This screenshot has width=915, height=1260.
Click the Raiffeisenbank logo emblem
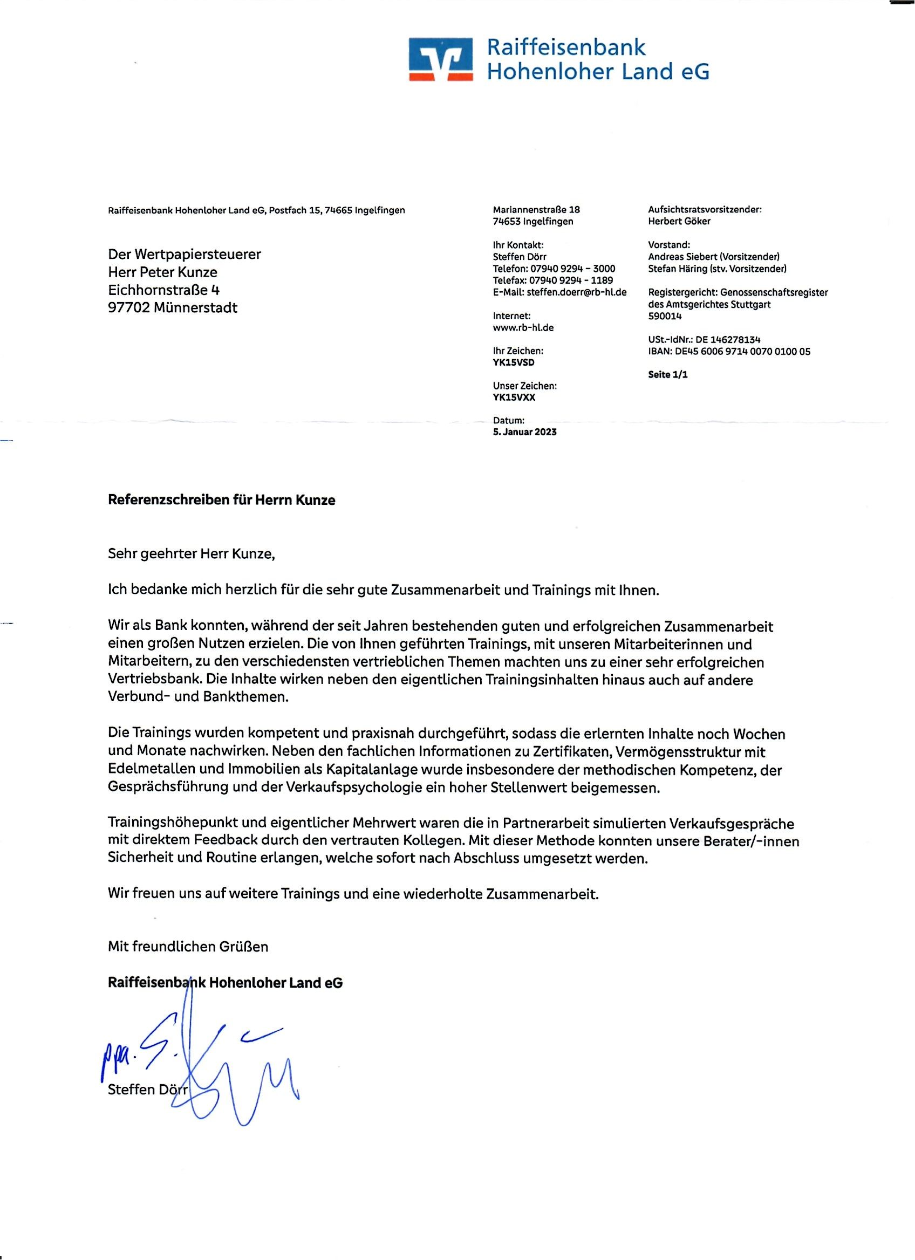[441, 59]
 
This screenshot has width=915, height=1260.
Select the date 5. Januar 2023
[524, 432]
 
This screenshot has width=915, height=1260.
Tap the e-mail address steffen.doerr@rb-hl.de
[576, 292]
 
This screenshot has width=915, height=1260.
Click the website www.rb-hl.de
[523, 327]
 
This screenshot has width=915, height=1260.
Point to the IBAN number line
[729, 351]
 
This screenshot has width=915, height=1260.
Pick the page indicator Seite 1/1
[667, 374]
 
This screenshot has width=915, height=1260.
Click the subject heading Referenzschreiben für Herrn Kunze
[221, 500]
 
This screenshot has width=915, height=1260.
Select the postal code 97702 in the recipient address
[129, 308]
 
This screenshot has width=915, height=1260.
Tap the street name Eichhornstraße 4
[163, 290]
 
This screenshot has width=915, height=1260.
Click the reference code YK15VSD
[513, 362]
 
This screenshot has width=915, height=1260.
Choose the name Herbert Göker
[679, 221]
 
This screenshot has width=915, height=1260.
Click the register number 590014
[665, 316]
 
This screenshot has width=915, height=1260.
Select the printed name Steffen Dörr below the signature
[147, 1090]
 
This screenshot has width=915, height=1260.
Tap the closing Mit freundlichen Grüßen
[188, 947]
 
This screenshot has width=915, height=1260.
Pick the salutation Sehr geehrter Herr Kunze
[191, 554]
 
